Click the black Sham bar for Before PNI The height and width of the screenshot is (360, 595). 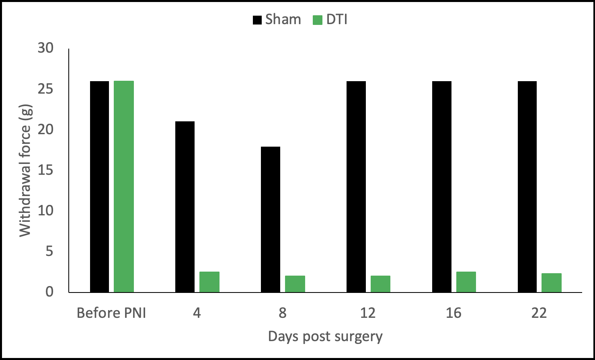99,187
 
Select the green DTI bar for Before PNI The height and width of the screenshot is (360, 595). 124,187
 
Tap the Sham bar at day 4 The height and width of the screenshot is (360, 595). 185,207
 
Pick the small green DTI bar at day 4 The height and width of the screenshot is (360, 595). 209,282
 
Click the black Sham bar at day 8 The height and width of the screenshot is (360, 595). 271,220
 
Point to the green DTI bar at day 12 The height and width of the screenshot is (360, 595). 380,284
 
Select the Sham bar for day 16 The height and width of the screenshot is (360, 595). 442,187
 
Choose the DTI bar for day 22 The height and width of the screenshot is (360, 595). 552,283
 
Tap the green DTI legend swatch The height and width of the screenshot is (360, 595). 318,20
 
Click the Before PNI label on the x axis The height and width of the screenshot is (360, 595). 111,313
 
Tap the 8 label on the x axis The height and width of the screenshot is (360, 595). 283,313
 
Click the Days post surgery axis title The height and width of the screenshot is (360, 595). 325,336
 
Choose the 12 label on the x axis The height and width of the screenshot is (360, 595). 368,313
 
